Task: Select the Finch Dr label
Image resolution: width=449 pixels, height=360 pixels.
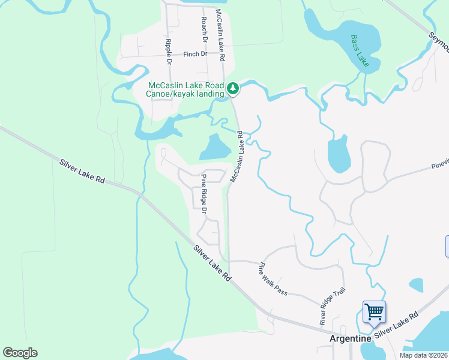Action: pyautogui.click(x=194, y=54)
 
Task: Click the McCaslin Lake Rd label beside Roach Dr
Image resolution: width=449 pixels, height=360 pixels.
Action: pyautogui.click(x=220, y=36)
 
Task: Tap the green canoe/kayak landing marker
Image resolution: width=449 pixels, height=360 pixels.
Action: pyautogui.click(x=233, y=89)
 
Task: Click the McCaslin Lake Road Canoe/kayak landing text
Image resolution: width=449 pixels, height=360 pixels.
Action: pyautogui.click(x=185, y=89)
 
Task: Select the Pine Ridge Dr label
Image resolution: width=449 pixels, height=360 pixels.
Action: pyautogui.click(x=204, y=193)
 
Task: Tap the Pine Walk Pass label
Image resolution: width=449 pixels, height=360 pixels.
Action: pyautogui.click(x=273, y=279)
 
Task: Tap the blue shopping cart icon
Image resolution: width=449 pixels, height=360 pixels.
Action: pyautogui.click(x=374, y=311)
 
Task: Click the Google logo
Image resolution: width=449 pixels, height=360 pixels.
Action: pyautogui.click(x=20, y=353)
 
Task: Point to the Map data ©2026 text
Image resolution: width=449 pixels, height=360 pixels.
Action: pyautogui.click(x=424, y=355)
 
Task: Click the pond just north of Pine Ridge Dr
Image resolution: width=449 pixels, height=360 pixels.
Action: pyautogui.click(x=214, y=147)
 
